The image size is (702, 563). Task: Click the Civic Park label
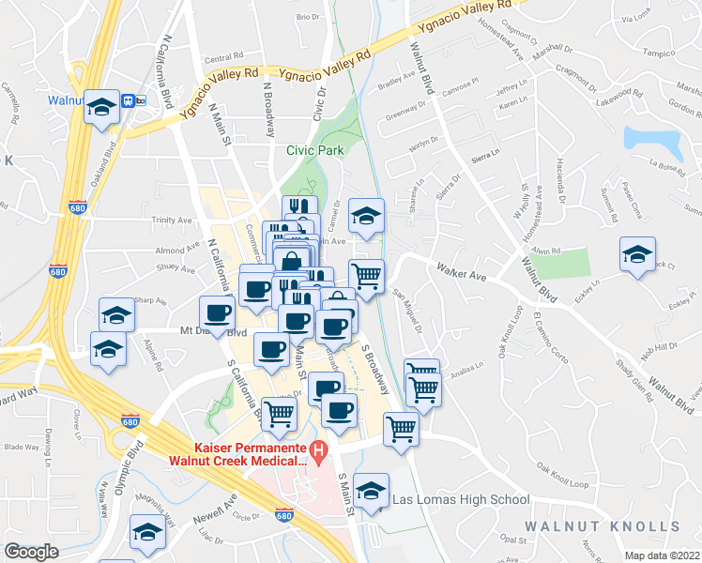pos(314,150)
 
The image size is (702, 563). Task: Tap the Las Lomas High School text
pos(461,500)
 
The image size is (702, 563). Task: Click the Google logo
pos(31,552)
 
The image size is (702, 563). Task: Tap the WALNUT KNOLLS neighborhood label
pos(612,525)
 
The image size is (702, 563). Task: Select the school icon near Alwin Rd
pos(637,255)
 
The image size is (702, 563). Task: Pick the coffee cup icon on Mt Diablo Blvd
pos(217,313)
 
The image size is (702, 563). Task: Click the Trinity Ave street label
pos(172,221)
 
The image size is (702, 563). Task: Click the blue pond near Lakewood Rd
pos(654,141)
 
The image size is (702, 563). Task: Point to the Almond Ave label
pos(172,251)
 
